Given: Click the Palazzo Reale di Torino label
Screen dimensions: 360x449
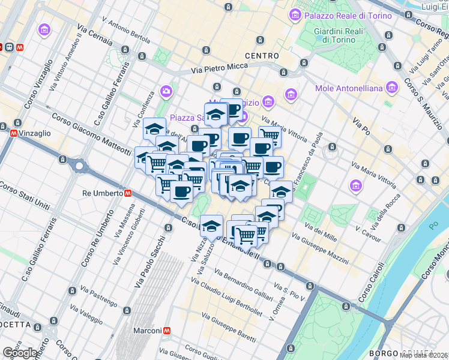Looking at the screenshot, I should click(340, 14).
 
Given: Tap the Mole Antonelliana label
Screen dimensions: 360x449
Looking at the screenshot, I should click(349, 89).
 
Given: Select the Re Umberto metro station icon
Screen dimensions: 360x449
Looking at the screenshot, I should click(128, 193).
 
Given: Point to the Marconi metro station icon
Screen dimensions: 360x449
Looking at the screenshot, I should click(167, 330).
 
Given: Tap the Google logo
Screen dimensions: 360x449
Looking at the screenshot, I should click(20, 353).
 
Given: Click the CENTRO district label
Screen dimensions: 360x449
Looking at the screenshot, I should click(262, 56).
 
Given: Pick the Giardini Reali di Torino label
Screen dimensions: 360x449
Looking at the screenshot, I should click(334, 35).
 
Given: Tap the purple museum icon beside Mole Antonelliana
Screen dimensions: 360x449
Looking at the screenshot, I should click(392, 88).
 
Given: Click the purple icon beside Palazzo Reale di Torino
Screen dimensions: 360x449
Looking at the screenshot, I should click(295, 14).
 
